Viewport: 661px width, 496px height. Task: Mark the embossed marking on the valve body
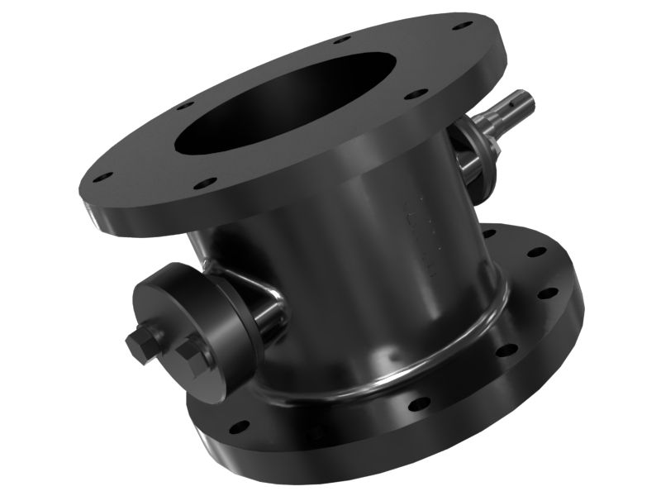point(417,231)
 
